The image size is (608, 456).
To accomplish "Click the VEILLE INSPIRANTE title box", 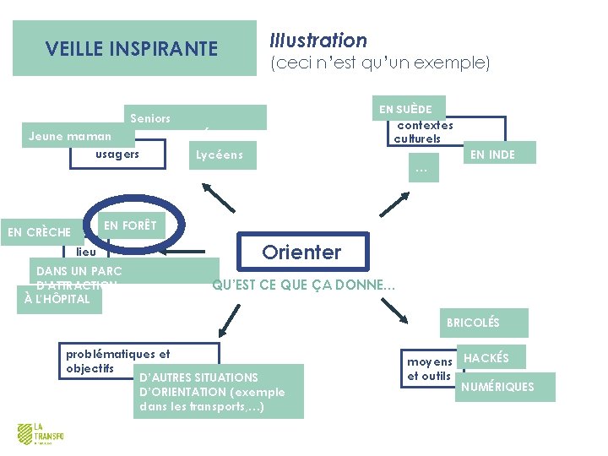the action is tap(133, 49).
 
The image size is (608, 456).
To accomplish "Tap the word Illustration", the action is tap(318, 40).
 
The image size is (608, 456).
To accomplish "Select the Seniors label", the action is tap(150, 118).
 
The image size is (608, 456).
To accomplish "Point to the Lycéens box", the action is tap(220, 155).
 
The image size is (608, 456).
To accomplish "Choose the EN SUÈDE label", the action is tap(406, 109).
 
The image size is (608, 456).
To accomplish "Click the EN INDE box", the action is tap(493, 154).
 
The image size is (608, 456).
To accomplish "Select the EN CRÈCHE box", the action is tap(39, 232).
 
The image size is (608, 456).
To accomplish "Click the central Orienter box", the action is tap(301, 252).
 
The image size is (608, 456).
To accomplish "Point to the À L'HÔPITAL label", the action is tap(58, 299).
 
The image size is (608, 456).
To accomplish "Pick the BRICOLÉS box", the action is tap(473, 323).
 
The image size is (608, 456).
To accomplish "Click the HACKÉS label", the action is tap(487, 358).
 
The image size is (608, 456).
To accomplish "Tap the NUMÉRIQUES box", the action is tap(497, 387).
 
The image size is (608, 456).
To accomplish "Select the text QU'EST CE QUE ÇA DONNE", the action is tap(303, 285).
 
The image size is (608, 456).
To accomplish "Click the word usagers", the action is tap(117, 155).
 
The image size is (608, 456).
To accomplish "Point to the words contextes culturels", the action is tap(424, 132).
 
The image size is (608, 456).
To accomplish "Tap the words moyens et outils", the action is tap(430, 369).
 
